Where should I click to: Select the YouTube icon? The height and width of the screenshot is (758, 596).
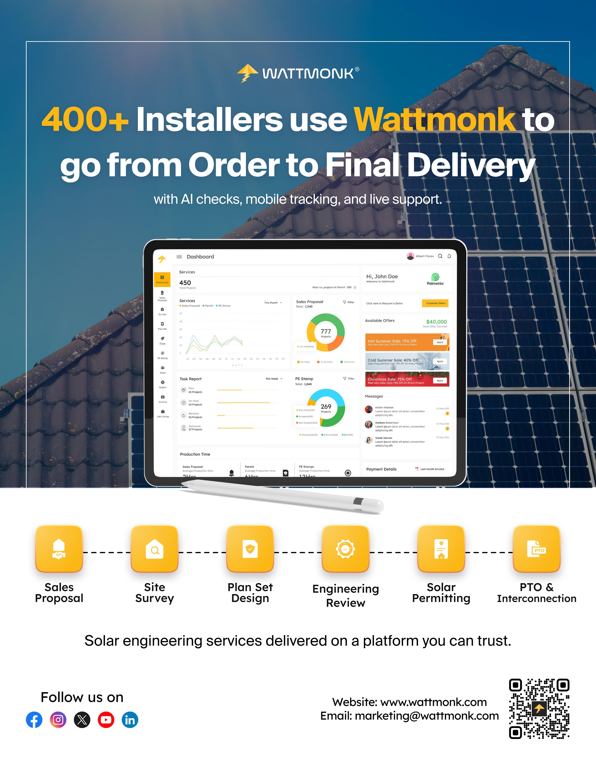coord(106,720)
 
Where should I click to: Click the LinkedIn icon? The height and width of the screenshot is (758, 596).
coord(130,720)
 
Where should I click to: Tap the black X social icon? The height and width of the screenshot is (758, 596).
coord(82,720)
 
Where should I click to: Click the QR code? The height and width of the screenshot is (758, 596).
coord(539,708)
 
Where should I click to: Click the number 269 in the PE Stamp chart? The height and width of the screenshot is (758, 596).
coord(326,407)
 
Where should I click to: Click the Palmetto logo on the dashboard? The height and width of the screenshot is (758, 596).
coord(435,279)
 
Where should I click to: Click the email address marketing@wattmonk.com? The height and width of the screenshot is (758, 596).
coord(426,716)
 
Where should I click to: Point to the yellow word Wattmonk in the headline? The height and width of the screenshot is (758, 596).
coord(434,120)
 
